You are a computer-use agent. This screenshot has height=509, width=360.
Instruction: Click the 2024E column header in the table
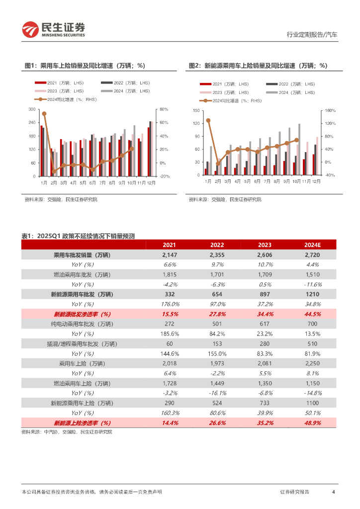coord(312,245)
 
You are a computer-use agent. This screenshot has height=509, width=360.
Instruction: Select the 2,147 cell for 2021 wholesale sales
coord(170,255)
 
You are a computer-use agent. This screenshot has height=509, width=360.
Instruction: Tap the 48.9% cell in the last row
coord(312,423)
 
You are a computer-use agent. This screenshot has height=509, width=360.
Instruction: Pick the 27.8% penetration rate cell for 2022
coord(217,314)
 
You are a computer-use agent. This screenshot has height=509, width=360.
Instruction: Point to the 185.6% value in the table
coord(170,334)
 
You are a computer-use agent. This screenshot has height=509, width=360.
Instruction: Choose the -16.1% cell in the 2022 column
coord(217,393)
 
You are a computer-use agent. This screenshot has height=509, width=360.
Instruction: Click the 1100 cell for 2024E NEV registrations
coord(312,403)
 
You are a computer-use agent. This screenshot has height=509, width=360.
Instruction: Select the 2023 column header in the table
coord(264,245)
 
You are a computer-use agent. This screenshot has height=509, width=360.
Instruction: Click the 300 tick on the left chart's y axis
coord(32,109)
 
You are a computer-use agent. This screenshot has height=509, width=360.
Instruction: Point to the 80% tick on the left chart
coord(165,109)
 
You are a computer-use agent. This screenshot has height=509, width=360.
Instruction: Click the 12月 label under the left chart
coord(150,182)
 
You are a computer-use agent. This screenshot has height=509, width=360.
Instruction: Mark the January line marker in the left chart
coord(44,114)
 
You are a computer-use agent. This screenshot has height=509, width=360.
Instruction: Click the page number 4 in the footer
coord(333,492)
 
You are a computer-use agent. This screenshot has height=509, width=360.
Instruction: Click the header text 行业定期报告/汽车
coord(312,35)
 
